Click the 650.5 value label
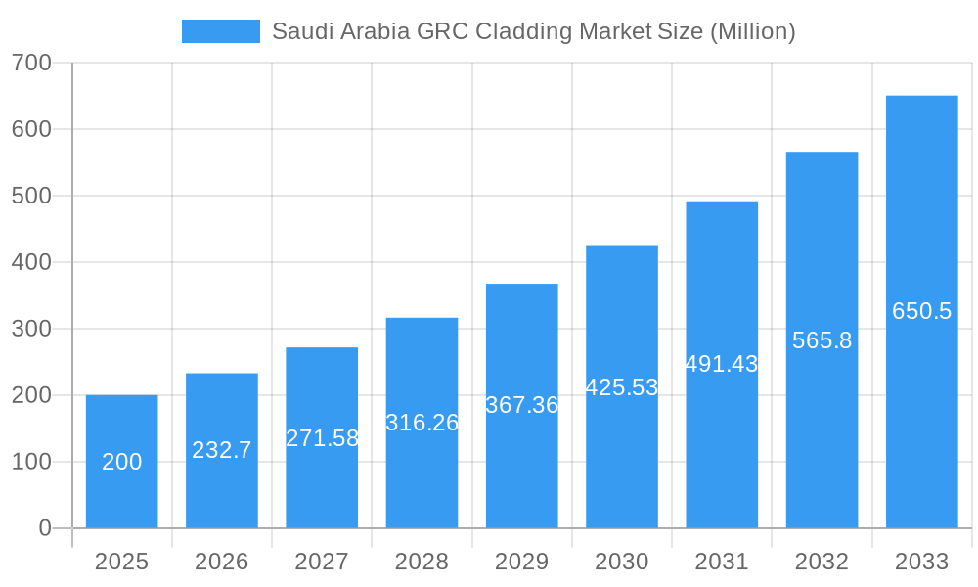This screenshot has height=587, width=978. coord(921,311)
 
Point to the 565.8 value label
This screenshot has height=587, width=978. coord(822,340)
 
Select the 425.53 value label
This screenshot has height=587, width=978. coord(622,387)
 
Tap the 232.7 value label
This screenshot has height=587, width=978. coord(222,450)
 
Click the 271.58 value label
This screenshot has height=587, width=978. coord(322,438)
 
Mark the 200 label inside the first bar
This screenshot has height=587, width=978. coord(121,462)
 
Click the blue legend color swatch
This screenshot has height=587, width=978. coord(221,31)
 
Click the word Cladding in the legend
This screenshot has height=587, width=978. coord(523,31)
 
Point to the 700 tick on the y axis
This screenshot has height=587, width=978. coord(31,63)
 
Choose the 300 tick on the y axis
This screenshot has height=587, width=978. coord(31,329)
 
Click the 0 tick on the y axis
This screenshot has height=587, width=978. coord(45,528)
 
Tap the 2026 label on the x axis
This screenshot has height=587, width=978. coord(222,562)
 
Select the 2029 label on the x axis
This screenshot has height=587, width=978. coord(521,562)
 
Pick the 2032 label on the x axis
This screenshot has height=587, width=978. coord(822,562)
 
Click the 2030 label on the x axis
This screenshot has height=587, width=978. coord(622,562)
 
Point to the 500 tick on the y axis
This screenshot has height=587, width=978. coord(31,196)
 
